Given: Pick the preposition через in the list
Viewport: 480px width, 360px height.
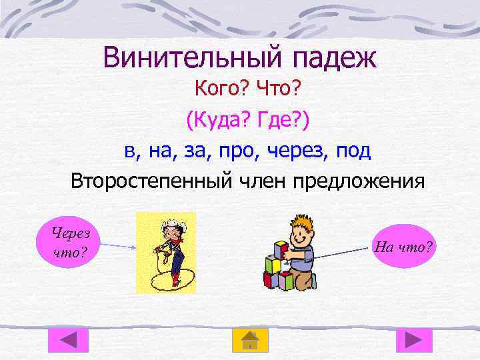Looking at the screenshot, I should (294, 151).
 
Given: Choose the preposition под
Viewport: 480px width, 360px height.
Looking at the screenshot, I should (351, 151).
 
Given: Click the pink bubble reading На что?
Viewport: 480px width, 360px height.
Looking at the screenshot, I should (404, 247).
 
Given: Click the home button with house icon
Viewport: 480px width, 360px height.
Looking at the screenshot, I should (249, 340).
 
